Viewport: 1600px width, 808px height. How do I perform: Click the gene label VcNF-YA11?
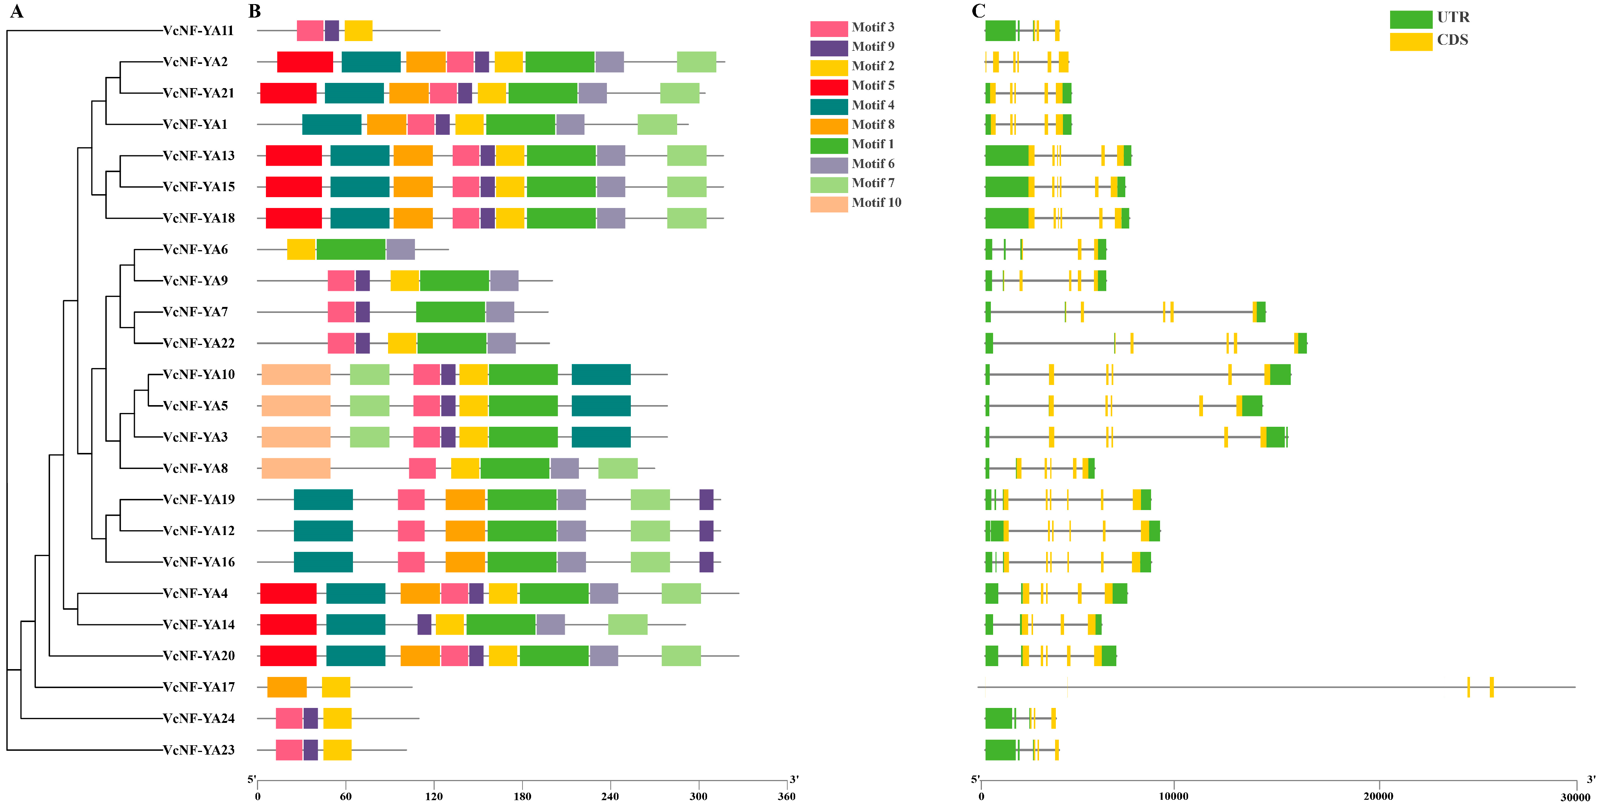click(x=198, y=31)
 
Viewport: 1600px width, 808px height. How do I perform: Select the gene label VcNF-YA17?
click(x=198, y=687)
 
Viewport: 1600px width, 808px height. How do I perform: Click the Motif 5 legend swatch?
click(x=828, y=86)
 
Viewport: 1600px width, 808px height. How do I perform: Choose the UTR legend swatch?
click(x=1411, y=19)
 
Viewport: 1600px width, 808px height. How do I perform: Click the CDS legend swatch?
click(x=1411, y=41)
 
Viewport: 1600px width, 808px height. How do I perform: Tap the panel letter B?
click(x=254, y=11)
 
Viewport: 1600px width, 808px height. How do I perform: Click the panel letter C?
click(x=978, y=11)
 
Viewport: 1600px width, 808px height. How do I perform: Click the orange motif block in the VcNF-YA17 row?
click(x=287, y=687)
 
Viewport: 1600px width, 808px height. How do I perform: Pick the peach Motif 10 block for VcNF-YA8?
click(x=296, y=468)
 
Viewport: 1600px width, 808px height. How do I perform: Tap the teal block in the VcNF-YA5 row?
click(x=601, y=405)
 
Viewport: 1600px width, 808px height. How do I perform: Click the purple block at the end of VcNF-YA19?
click(x=706, y=499)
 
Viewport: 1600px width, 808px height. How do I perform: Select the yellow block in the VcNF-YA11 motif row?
click(x=359, y=31)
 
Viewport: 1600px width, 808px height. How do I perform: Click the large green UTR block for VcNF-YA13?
click(x=1006, y=155)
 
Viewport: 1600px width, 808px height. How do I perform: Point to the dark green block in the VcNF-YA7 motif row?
click(x=450, y=312)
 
